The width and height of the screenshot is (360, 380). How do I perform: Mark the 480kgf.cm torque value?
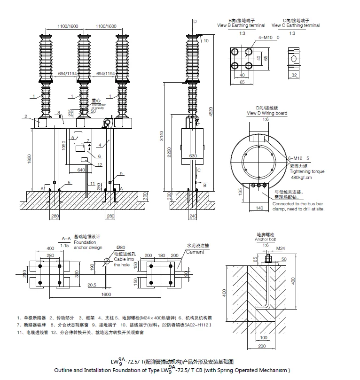pos(301,178)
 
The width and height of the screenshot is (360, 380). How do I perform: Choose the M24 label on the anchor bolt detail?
pos(280,248)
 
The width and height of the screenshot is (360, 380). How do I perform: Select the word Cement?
pos(196,252)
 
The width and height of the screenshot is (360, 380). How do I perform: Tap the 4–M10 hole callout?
pos(265,37)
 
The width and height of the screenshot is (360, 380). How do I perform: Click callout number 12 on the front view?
pos(100,164)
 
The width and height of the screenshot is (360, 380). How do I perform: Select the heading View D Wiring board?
pos(267,113)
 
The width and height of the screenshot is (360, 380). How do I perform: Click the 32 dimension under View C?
pos(294,75)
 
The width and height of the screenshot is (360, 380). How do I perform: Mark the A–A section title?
pos(66,239)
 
